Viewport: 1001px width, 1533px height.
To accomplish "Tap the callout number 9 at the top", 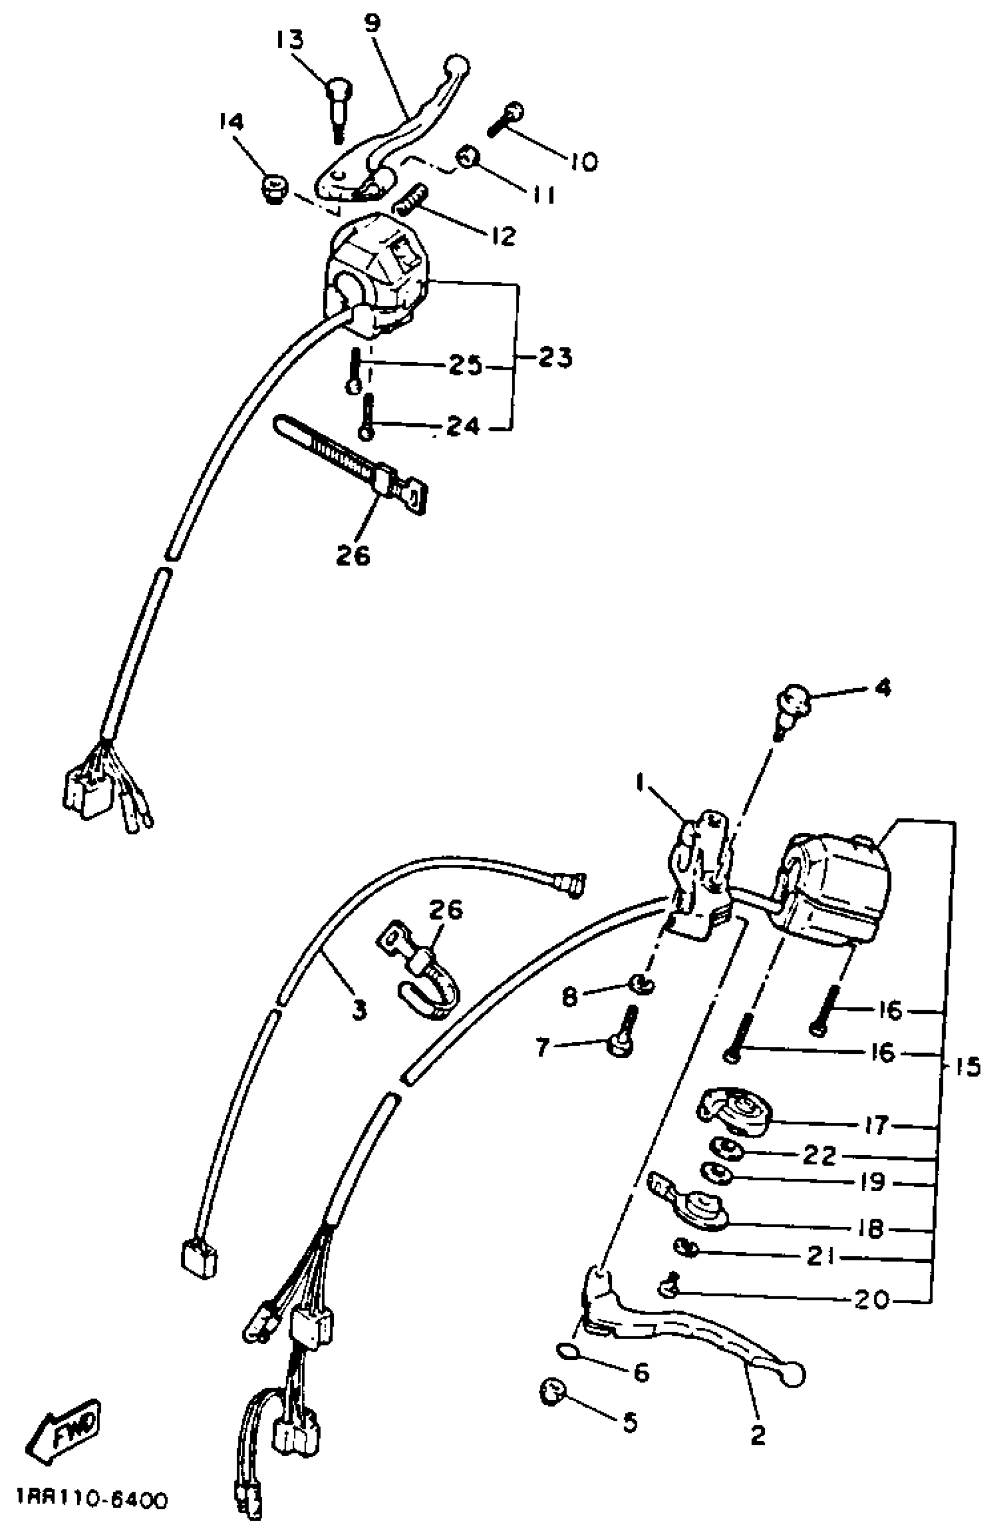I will [372, 23].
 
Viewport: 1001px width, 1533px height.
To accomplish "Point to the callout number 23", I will [553, 357].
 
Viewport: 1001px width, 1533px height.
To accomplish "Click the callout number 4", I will [883, 688].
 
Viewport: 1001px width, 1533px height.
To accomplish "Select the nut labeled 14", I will [273, 189].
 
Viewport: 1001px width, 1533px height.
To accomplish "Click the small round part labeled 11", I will [466, 156].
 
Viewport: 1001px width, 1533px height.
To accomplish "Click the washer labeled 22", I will [726, 1148].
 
